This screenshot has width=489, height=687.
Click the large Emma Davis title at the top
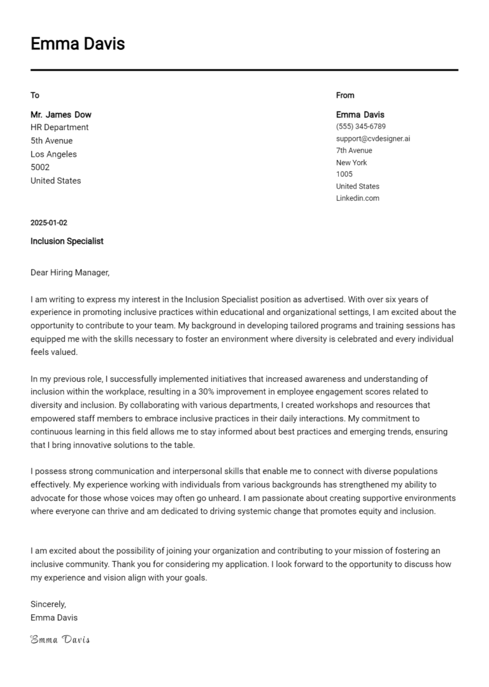pos(78,44)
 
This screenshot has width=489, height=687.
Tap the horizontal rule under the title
pos(244,69)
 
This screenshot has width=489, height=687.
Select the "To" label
pos(35,96)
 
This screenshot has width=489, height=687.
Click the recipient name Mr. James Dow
pos(61,115)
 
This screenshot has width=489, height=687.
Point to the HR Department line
pos(60,127)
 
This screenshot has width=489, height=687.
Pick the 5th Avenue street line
pos(52,141)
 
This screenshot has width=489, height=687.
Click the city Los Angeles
pos(53,154)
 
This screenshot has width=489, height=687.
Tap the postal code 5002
pos(40,168)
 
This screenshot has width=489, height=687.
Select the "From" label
pos(345,96)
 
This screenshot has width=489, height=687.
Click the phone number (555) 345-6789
pos(361,127)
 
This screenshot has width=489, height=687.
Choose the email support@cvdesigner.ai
pos(373,138)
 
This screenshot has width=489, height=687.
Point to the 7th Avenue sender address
pos(354,150)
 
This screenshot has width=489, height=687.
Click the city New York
pos(351,163)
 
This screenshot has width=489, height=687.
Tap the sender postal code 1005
pos(344,174)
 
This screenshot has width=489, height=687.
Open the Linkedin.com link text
pos(358,198)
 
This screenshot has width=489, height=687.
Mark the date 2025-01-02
pos(49,223)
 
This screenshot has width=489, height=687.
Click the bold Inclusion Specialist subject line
pos(67,242)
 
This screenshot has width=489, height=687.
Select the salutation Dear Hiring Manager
pos(70,273)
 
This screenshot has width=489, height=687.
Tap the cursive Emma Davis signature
pos(60,639)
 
